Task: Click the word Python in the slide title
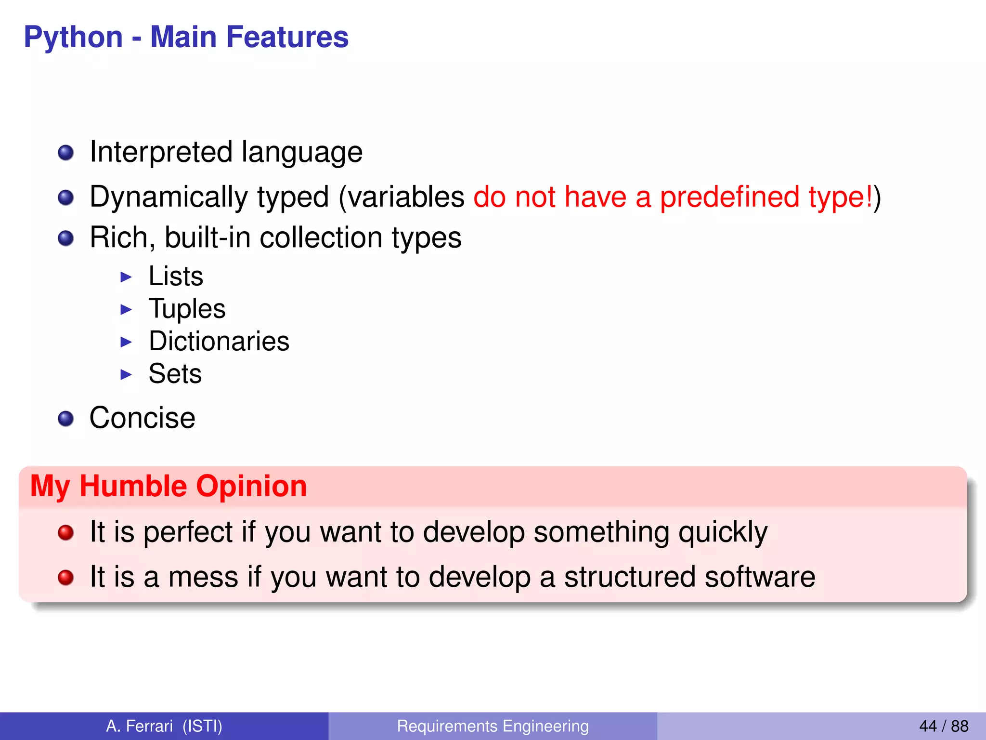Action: point(73,38)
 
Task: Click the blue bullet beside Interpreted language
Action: point(65,153)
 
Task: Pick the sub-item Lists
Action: point(176,277)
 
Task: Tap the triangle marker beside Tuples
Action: point(126,309)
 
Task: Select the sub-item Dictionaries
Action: point(219,342)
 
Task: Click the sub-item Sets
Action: point(175,374)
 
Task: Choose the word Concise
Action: point(143,418)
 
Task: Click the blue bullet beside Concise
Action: point(65,419)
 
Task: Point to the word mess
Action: point(203,577)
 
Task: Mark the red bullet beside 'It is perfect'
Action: point(65,533)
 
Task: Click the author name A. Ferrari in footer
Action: point(139,726)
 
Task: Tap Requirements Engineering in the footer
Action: point(493,726)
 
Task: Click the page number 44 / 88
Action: point(943,726)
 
